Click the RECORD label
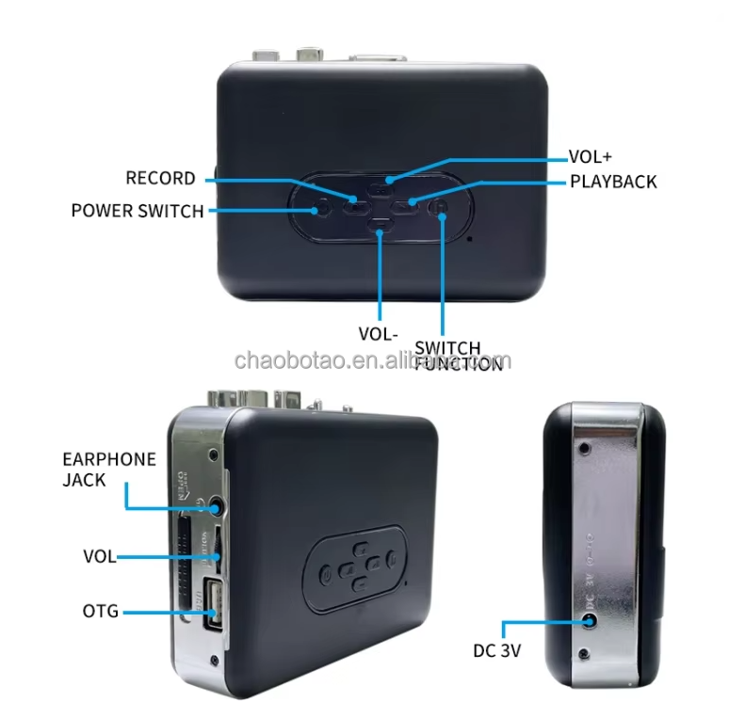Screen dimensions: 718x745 click(x=161, y=179)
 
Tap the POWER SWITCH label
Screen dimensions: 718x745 click(x=138, y=211)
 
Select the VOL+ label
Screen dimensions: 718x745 click(x=591, y=157)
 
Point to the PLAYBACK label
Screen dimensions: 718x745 click(x=613, y=181)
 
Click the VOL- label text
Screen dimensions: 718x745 click(x=379, y=334)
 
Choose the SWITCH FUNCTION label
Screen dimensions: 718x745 click(x=459, y=356)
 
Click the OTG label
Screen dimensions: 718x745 click(x=101, y=612)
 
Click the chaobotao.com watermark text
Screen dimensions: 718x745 click(x=372, y=360)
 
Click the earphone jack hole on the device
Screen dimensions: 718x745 click(x=217, y=505)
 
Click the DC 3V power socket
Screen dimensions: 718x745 click(x=591, y=620)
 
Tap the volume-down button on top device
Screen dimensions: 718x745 click(x=380, y=224)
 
